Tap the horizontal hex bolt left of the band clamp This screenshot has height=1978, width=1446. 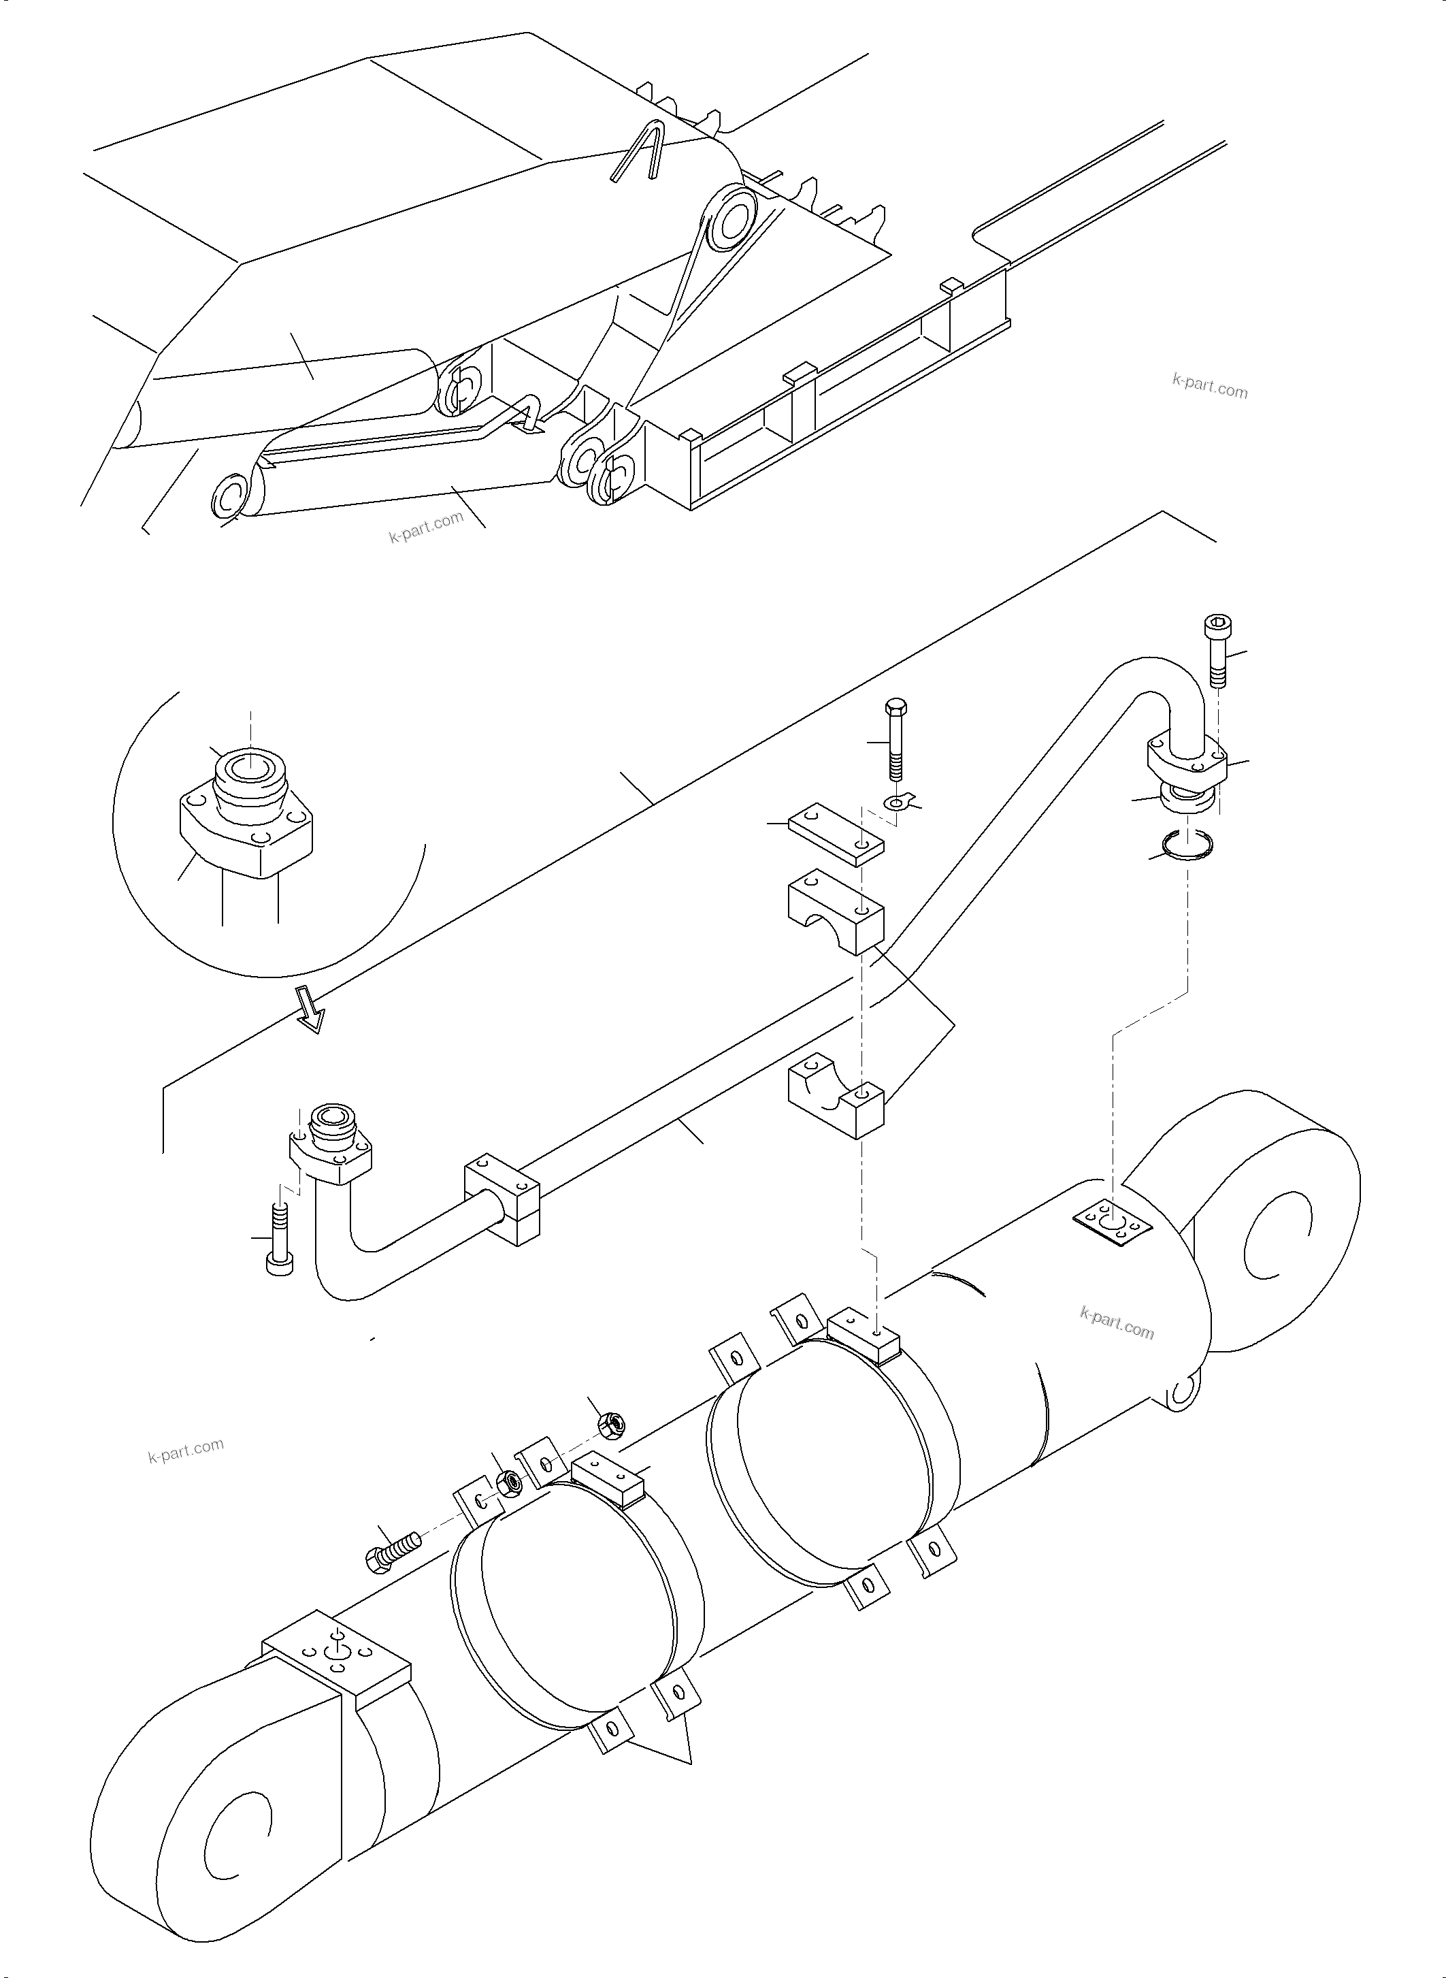tap(391, 1553)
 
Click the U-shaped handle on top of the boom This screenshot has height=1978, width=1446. tap(642, 150)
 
